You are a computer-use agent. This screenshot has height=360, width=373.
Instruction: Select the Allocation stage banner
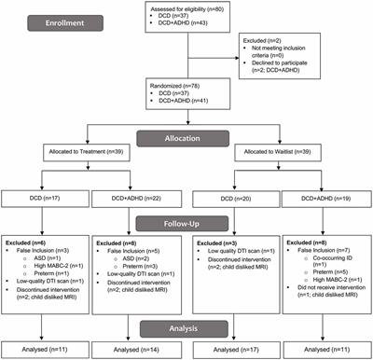(186, 136)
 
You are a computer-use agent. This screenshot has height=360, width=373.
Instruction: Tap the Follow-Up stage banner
(186, 224)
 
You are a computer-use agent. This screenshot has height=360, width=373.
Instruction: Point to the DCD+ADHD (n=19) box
(327, 197)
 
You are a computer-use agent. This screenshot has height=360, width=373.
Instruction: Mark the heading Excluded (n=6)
(33, 242)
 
